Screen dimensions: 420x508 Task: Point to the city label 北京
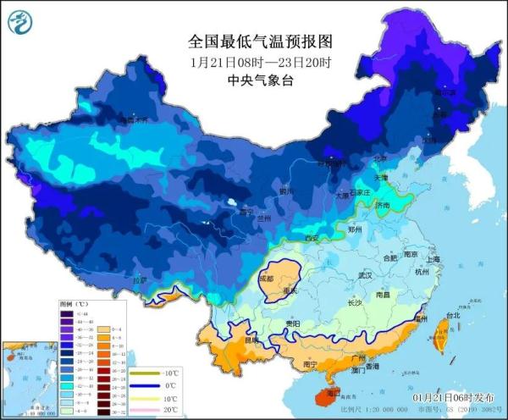(x=381, y=158)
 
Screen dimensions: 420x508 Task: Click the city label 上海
(x=433, y=260)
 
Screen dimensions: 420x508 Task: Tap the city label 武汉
(x=365, y=275)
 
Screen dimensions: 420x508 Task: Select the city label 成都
(x=267, y=278)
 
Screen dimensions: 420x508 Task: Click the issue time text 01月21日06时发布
(x=451, y=397)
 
